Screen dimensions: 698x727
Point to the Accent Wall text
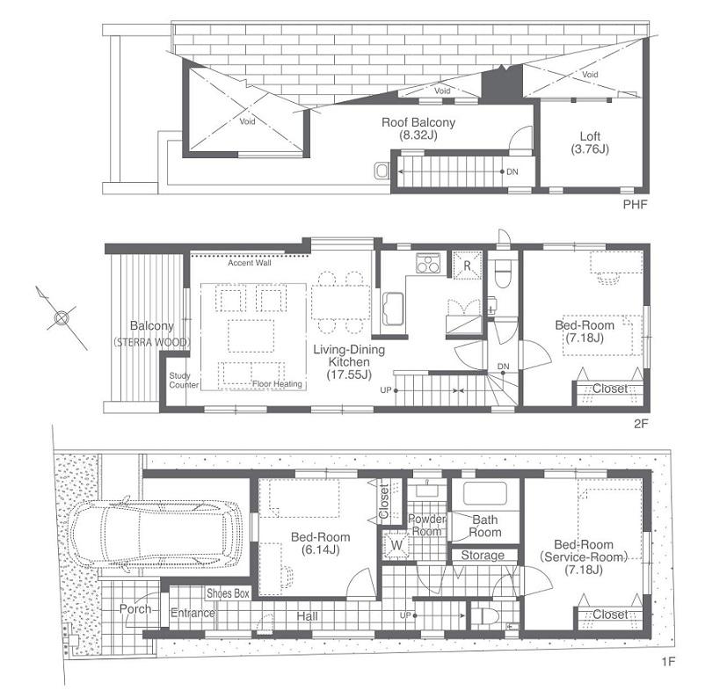(x=250, y=263)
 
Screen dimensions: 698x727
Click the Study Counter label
(x=184, y=381)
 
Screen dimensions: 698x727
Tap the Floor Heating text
(x=277, y=383)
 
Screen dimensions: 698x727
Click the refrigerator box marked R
(x=465, y=264)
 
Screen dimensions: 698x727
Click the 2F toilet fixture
(x=503, y=274)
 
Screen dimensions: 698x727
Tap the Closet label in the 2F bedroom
(x=609, y=389)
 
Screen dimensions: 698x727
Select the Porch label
(x=135, y=609)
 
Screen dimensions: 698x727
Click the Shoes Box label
(x=229, y=593)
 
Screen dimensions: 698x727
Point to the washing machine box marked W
(x=397, y=545)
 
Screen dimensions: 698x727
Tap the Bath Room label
(x=484, y=526)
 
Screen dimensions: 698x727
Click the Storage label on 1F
(x=483, y=555)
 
